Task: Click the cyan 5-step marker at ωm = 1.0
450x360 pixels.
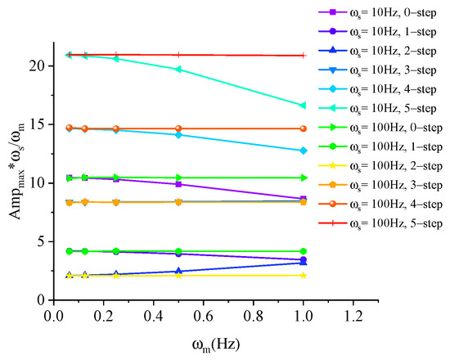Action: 303,106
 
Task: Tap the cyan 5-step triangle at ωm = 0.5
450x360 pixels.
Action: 178,70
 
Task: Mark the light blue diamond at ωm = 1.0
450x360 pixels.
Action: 303,151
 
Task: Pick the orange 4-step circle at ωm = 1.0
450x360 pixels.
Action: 303,128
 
